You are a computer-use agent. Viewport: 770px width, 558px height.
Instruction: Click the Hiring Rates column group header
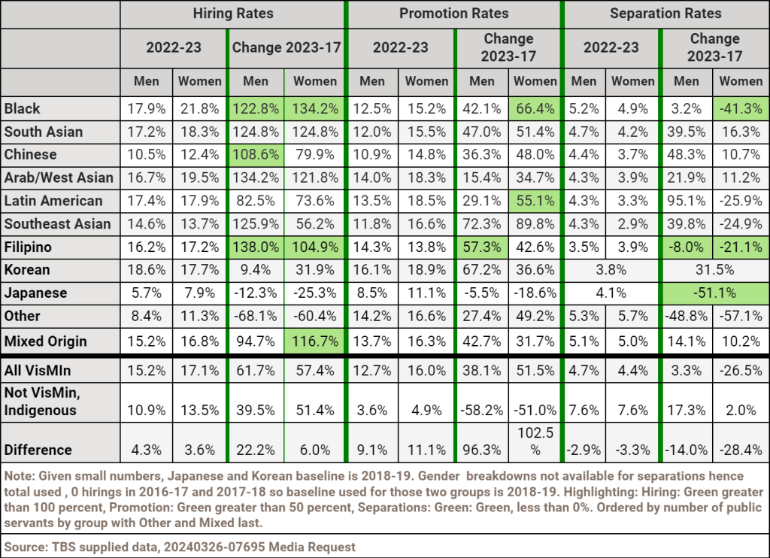point(233,14)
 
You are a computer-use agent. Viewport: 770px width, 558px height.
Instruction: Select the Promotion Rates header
point(453,14)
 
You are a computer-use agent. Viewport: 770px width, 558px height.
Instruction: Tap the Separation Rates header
point(665,14)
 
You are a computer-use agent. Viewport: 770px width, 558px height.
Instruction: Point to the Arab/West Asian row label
point(59,177)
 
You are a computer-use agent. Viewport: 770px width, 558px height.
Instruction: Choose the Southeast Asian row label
point(58,223)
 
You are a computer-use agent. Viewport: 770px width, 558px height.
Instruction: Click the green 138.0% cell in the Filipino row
point(256,247)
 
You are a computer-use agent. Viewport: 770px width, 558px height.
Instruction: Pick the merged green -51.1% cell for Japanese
point(714,293)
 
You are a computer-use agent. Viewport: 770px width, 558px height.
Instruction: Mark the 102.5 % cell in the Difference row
point(535,442)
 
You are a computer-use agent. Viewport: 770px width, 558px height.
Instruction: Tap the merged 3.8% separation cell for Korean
point(611,270)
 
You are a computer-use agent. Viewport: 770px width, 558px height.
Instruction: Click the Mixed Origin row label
point(45,341)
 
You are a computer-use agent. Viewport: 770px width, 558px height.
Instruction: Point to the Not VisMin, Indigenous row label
point(41,402)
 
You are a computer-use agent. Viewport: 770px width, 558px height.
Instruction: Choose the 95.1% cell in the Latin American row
point(687,201)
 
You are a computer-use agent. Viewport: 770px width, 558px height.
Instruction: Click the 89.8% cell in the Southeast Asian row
point(535,223)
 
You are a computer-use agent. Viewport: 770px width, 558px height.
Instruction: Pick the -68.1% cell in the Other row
point(256,316)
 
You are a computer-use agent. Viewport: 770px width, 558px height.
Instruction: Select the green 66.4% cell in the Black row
point(535,109)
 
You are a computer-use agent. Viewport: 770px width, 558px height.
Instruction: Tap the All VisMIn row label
point(35,369)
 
